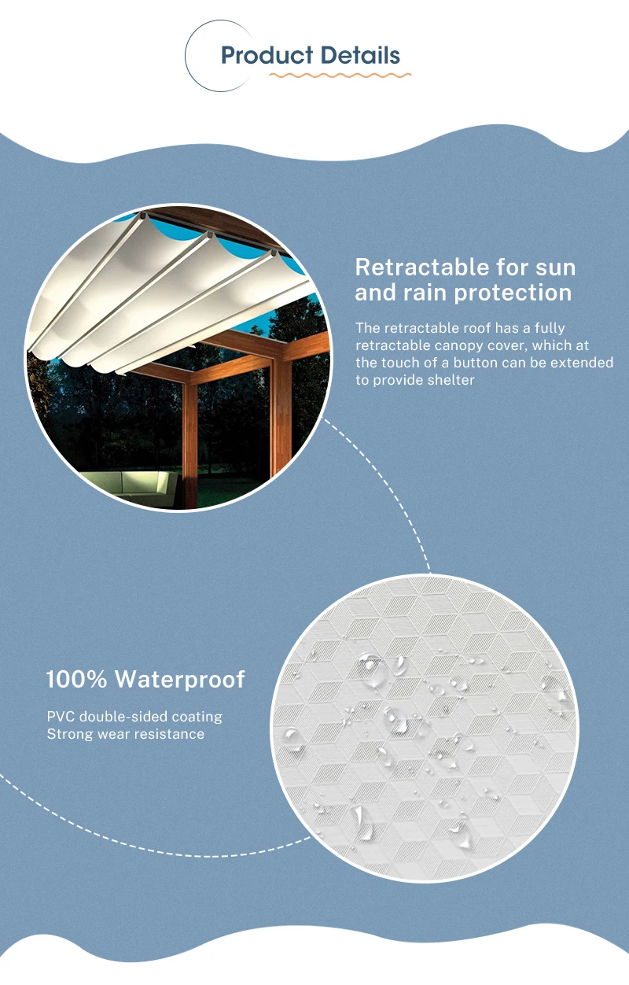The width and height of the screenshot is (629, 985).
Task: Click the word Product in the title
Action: coord(263,56)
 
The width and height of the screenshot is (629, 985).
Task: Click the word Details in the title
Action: coord(359,56)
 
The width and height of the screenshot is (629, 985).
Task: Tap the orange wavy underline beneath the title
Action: coord(340,76)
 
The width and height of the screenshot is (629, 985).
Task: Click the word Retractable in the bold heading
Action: coord(428,267)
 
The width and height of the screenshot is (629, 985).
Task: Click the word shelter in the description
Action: coord(449,380)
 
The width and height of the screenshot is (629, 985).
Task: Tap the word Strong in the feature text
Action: coord(68,734)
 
